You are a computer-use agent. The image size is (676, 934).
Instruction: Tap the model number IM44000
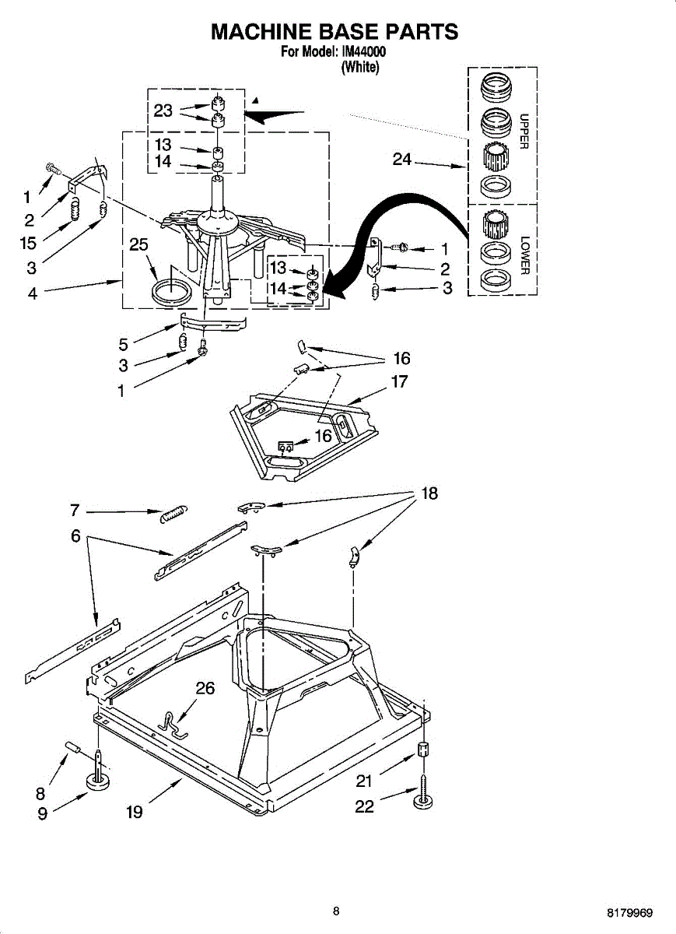click(x=364, y=53)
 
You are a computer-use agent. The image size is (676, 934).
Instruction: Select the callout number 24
click(x=402, y=160)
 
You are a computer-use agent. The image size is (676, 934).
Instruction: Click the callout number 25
click(x=138, y=245)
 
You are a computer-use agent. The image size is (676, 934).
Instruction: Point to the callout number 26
click(x=205, y=688)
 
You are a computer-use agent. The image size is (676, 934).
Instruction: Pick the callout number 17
click(x=399, y=382)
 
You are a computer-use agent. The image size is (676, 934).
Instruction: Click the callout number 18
click(x=429, y=493)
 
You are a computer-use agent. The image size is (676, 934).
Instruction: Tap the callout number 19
click(x=134, y=813)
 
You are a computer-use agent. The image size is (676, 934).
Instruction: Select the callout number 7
click(x=75, y=511)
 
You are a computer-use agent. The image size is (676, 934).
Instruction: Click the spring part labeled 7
click(x=173, y=514)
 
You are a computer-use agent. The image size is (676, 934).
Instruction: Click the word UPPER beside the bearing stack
click(x=523, y=132)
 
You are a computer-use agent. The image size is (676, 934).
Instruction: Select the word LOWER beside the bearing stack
click(x=524, y=255)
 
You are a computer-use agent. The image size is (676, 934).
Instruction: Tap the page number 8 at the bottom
click(x=336, y=911)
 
